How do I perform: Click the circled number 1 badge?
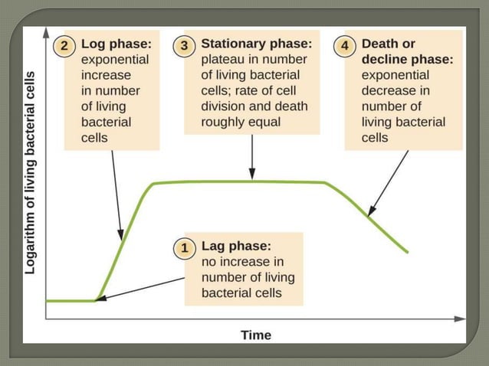point(184,247)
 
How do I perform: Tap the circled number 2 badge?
point(65,45)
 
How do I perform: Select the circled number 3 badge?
point(185,45)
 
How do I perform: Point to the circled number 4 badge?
point(346,45)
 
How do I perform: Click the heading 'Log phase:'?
point(116,45)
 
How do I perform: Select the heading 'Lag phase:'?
point(236,247)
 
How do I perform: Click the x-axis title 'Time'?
point(255,335)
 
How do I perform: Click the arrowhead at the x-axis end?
point(460,318)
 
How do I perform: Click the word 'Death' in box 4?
point(379,44)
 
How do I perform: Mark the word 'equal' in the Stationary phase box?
point(264,122)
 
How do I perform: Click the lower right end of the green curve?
point(407,251)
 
